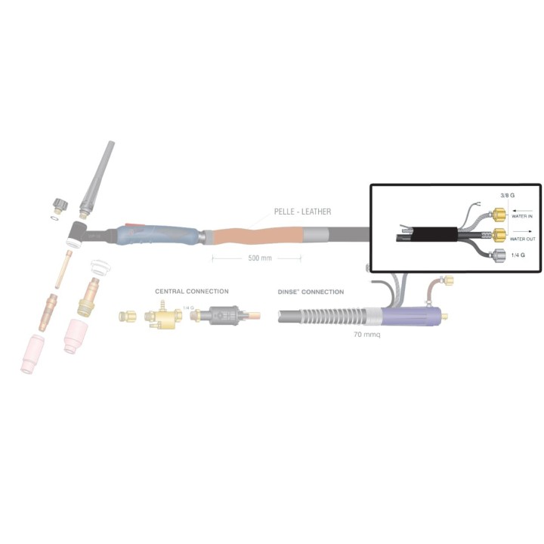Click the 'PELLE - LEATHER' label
(x=302, y=212)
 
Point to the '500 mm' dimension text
(x=260, y=258)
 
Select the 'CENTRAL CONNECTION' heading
(x=192, y=292)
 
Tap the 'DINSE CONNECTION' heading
(x=311, y=292)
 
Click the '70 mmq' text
(x=367, y=335)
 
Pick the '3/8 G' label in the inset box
(x=507, y=196)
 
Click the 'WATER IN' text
(x=522, y=217)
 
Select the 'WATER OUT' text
(x=523, y=239)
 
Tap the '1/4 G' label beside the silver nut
(x=518, y=255)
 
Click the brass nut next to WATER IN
(x=499, y=215)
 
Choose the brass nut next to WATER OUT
(x=499, y=235)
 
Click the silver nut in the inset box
(x=499, y=255)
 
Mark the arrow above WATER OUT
(x=522, y=231)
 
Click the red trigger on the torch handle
(x=135, y=225)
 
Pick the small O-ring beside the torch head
(x=54, y=218)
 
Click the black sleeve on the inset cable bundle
(x=434, y=234)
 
